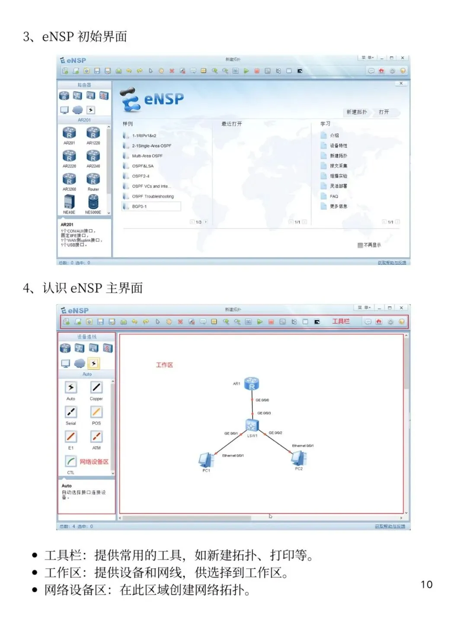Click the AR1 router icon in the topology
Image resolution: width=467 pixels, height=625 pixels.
(252, 383)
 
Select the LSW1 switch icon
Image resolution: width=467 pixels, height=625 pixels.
(252, 425)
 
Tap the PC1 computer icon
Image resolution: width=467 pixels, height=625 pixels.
(206, 459)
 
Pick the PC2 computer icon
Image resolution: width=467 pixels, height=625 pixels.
(299, 457)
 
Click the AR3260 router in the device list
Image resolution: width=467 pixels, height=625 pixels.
(69, 179)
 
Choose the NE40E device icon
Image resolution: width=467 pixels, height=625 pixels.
(69, 202)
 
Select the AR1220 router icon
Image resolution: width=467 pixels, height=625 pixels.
(93, 133)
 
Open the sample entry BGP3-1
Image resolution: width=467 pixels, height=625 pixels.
(139, 206)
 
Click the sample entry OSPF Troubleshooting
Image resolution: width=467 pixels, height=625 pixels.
(153, 197)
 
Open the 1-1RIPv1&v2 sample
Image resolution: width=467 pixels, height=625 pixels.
(144, 135)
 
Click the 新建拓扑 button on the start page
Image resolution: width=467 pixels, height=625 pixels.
(357, 112)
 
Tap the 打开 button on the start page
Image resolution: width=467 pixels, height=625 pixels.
(384, 112)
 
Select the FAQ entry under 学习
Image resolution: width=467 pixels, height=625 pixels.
(334, 197)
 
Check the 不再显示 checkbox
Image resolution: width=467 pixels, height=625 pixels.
(360, 245)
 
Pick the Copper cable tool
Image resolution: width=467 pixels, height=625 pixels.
(96, 387)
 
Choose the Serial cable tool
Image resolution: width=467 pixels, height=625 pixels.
(71, 412)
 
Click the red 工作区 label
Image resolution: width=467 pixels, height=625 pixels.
(164, 365)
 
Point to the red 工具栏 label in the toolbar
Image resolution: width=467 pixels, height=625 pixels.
(341, 321)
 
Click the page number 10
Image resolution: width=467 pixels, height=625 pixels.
(426, 584)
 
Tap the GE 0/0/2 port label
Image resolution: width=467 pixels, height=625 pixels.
(275, 433)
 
